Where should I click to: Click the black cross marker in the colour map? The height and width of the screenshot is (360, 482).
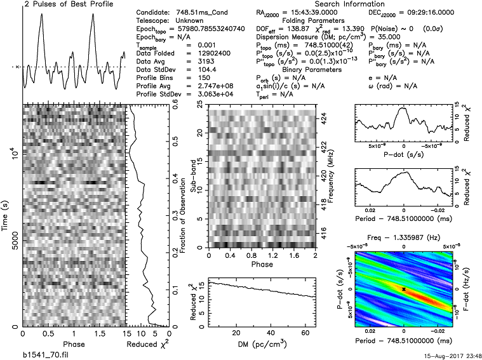click(404, 288)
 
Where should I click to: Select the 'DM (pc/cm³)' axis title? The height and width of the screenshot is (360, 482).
click(261, 343)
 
